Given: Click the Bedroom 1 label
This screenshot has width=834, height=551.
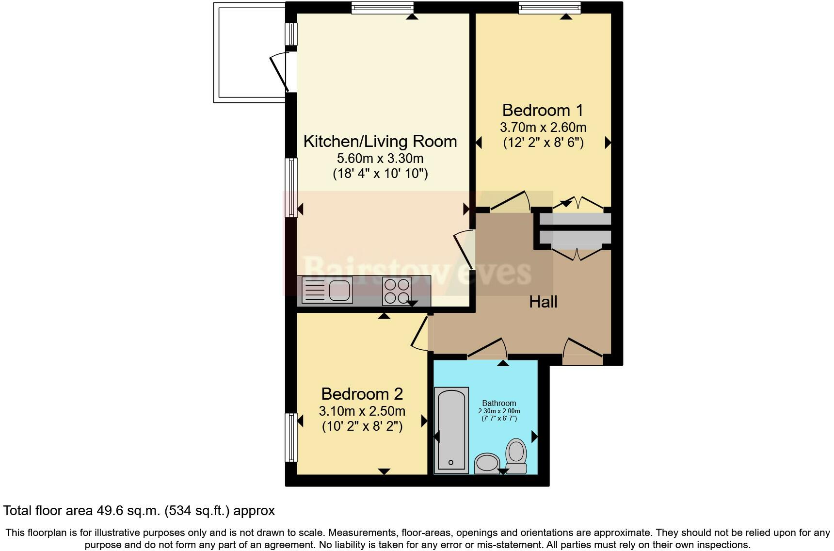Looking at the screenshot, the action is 543,110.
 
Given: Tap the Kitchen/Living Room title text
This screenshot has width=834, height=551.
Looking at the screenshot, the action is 380,141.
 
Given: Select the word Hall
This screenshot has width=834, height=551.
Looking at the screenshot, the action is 543,302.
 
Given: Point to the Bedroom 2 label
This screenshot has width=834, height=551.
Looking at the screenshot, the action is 362,393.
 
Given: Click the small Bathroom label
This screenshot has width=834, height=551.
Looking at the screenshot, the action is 499,403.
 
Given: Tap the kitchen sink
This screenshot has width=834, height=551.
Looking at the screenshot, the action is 327,290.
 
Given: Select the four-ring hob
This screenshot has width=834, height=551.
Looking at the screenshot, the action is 397,291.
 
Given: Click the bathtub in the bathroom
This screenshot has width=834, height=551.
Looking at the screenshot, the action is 451,430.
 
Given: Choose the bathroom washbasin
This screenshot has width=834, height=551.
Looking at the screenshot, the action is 487,463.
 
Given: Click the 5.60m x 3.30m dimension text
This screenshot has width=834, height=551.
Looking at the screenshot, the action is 380,158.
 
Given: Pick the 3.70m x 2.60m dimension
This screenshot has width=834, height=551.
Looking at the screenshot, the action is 543,127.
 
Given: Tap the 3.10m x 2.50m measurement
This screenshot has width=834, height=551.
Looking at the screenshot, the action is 362,411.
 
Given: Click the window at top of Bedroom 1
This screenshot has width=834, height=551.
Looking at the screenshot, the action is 549,7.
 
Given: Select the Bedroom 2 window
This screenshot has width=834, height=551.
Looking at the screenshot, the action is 291,438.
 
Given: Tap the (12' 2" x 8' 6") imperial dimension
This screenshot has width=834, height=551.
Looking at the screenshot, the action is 543,143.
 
